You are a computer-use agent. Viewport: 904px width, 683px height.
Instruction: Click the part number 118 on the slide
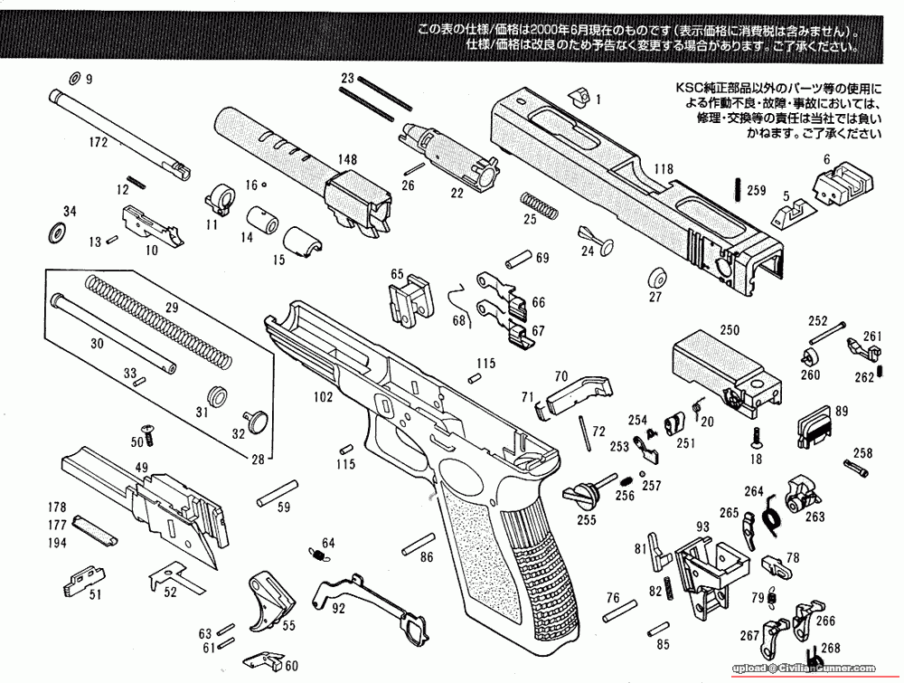click(664, 169)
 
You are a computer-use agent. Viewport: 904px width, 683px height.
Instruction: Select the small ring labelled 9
click(74, 78)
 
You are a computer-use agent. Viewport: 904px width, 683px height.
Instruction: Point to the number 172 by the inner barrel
click(99, 143)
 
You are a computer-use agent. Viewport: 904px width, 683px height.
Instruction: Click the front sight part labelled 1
click(579, 93)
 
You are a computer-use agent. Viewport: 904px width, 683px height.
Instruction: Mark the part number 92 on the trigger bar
click(338, 609)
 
